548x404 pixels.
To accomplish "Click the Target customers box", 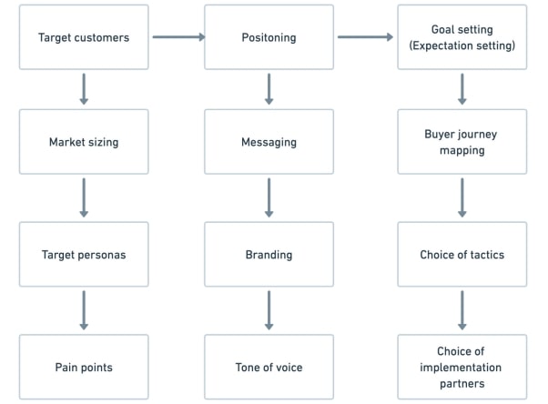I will point(84,37).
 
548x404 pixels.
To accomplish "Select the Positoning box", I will point(269,37).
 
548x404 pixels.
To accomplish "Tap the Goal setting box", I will point(462,37).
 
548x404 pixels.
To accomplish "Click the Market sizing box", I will point(84,142).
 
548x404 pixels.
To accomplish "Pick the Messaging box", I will point(269,142).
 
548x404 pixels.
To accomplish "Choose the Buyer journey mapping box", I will point(462,142).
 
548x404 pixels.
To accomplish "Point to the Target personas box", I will point(84,255).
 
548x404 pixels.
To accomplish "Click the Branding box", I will point(269,255).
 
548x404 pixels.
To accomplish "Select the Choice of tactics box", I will point(462,255).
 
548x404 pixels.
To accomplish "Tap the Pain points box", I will point(84,367).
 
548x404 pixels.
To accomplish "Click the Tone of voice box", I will point(269,367).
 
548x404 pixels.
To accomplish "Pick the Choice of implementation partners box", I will point(462,367).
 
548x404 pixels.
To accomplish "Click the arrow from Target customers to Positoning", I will point(178,37).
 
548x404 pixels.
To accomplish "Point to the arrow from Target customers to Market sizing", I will point(84,89).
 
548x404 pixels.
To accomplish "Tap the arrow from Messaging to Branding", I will point(269,197).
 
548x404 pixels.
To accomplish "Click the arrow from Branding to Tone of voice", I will point(269,310).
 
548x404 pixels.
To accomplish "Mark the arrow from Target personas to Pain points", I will point(84,310).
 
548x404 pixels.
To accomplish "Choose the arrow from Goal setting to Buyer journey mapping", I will point(462,89).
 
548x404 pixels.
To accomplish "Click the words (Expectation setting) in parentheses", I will point(462,45).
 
